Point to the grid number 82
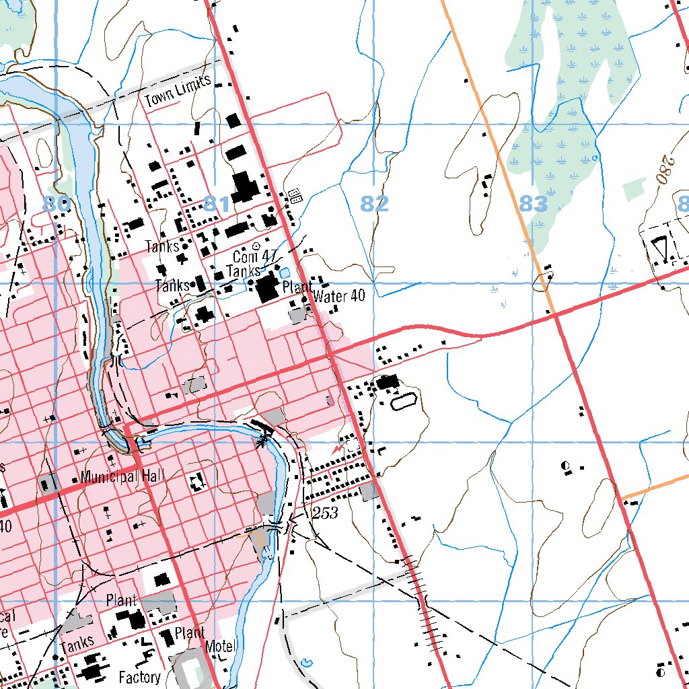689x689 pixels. pyautogui.click(x=374, y=203)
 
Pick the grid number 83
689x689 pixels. pyautogui.click(x=533, y=203)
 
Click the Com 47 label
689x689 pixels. pyautogui.click(x=255, y=256)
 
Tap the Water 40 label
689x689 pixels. pyautogui.click(x=339, y=296)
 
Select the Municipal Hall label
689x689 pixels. pyautogui.click(x=122, y=476)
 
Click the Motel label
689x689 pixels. pyautogui.click(x=221, y=647)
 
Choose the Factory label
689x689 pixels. pyautogui.click(x=139, y=676)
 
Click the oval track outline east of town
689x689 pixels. pyautogui.click(x=404, y=402)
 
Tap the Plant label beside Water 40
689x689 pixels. pyautogui.click(x=297, y=287)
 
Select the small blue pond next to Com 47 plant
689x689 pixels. pyautogui.click(x=284, y=273)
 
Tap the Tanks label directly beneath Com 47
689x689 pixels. pyautogui.click(x=243, y=270)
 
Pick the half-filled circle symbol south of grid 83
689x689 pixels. pyautogui.click(x=565, y=465)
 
